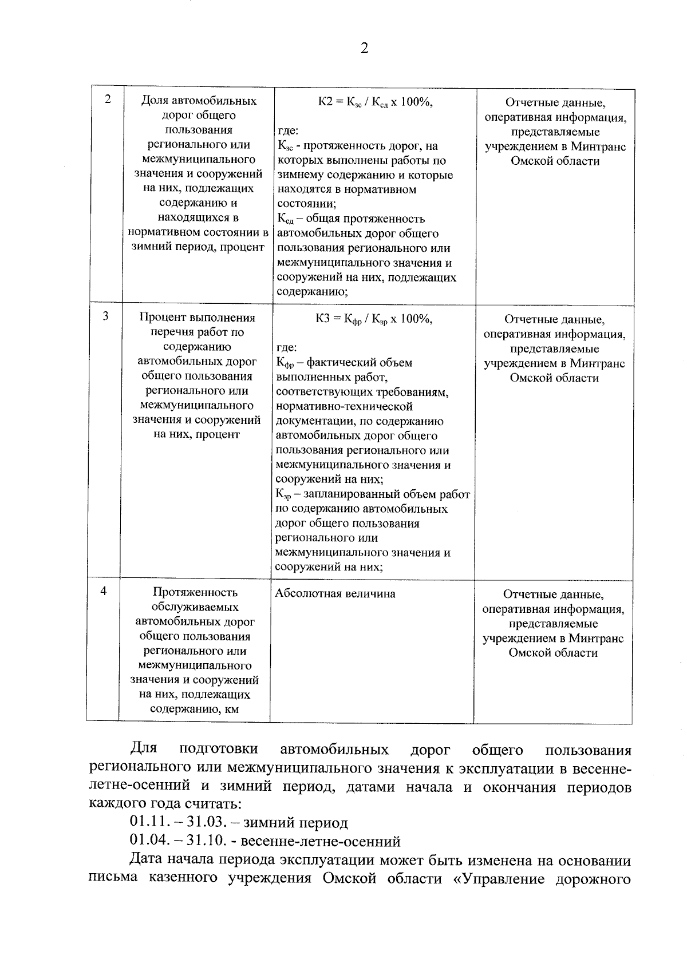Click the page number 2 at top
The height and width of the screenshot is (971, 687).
(x=364, y=48)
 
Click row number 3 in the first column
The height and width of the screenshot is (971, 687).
(x=106, y=316)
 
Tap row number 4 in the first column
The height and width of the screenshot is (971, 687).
(x=104, y=591)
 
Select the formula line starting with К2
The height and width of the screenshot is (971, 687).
(x=375, y=102)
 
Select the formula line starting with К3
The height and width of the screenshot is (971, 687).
(x=373, y=319)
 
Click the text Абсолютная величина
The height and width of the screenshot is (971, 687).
(x=335, y=593)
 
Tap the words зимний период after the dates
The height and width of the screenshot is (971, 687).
(x=295, y=823)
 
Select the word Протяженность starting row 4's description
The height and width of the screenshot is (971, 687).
(x=195, y=592)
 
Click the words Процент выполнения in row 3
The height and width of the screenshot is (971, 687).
(x=197, y=318)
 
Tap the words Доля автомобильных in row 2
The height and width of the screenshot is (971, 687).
(x=199, y=101)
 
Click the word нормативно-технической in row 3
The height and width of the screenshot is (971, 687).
(x=344, y=406)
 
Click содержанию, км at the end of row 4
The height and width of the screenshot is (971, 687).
(x=194, y=710)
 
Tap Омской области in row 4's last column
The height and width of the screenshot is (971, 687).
(x=553, y=653)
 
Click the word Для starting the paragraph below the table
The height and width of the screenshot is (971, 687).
(x=144, y=749)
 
